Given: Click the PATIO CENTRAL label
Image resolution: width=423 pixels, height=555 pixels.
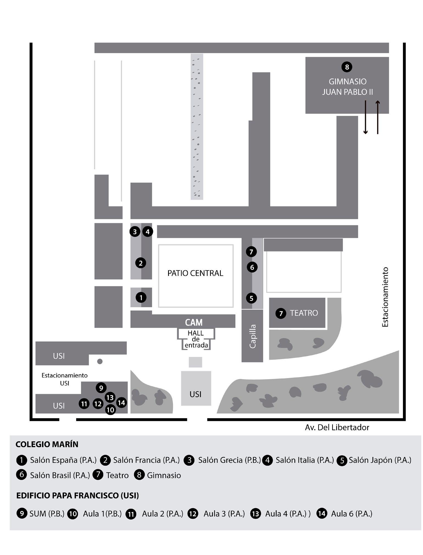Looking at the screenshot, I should click(195, 273).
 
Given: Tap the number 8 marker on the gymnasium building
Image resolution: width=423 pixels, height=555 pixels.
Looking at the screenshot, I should click(347, 67).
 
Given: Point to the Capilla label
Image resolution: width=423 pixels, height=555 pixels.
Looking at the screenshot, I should click(252, 336).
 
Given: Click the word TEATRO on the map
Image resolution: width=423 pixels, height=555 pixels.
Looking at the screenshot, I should click(304, 313).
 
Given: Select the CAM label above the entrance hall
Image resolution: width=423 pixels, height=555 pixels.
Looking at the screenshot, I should click(194, 322).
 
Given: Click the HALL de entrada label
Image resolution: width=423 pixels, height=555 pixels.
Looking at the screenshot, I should click(196, 339).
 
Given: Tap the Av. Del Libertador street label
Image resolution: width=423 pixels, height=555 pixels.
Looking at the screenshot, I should click(337, 427).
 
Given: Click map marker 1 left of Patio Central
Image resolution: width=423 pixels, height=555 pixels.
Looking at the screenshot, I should click(141, 297).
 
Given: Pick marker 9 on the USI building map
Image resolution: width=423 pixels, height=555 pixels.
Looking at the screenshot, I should click(101, 388).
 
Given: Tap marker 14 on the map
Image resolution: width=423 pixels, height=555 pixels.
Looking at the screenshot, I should click(121, 403).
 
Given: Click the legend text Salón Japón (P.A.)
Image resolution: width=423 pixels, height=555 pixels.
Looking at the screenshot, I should click(380, 460).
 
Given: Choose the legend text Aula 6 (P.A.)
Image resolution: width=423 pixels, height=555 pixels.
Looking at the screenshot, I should click(352, 514).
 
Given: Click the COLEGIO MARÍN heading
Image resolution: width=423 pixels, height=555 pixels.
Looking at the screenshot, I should click(47, 444).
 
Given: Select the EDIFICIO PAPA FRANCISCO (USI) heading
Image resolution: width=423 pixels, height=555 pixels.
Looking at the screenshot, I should click(77, 496).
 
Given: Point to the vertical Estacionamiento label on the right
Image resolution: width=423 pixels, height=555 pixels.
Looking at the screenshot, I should click(385, 297).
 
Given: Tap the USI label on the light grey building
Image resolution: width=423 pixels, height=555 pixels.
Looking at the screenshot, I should click(196, 394).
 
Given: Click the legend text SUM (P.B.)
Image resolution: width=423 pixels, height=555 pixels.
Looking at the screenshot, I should click(47, 514).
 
